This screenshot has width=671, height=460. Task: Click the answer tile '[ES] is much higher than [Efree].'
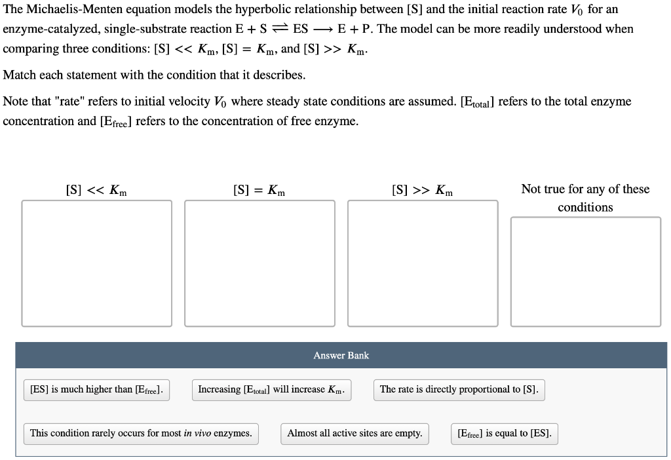click(96, 389)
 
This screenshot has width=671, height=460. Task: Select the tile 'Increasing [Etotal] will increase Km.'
click(271, 389)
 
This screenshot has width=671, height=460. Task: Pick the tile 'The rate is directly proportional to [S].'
click(459, 389)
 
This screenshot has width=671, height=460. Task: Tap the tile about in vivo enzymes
click(141, 433)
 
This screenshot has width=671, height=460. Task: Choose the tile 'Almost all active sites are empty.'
click(355, 433)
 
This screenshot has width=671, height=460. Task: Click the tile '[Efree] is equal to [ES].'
click(504, 433)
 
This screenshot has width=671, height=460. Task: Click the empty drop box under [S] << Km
click(96, 263)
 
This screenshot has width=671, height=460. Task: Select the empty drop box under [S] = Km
click(259, 263)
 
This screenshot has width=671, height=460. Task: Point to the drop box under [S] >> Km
click(423, 263)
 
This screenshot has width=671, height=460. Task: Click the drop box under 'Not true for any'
click(585, 271)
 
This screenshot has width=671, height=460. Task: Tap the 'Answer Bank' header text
click(341, 355)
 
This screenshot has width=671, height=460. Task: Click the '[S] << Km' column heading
click(96, 190)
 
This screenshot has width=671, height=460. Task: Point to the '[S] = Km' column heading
click(259, 190)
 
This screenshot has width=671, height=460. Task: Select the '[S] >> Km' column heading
click(422, 190)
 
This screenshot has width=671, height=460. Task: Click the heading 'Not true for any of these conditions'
click(585, 198)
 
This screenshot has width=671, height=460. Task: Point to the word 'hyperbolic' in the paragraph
click(260, 10)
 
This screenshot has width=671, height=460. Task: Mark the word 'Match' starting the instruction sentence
click(19, 75)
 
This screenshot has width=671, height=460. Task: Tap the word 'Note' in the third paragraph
click(16, 102)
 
